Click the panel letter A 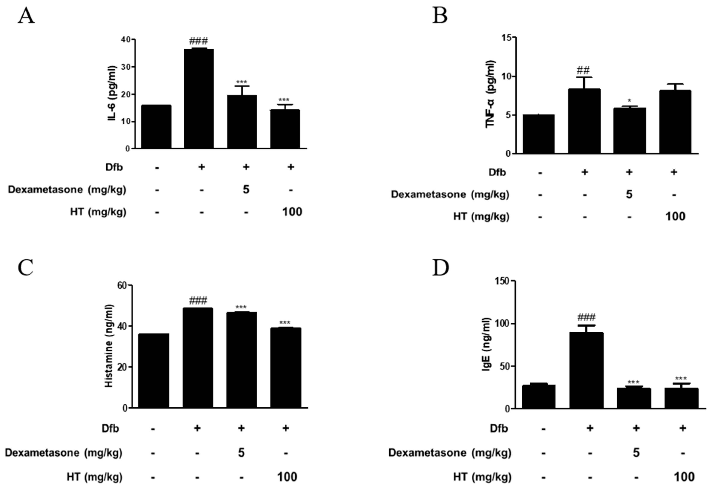click(x=26, y=16)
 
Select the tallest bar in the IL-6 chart click(x=199, y=98)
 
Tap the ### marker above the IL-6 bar click(x=198, y=41)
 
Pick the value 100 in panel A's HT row click(x=292, y=212)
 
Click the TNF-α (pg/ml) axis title click(x=490, y=94)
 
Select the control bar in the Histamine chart click(x=153, y=371)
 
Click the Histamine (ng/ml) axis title click(x=109, y=346)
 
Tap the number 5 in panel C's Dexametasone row click(x=241, y=453)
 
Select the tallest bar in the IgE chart click(x=586, y=370)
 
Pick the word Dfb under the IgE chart click(x=499, y=428)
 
